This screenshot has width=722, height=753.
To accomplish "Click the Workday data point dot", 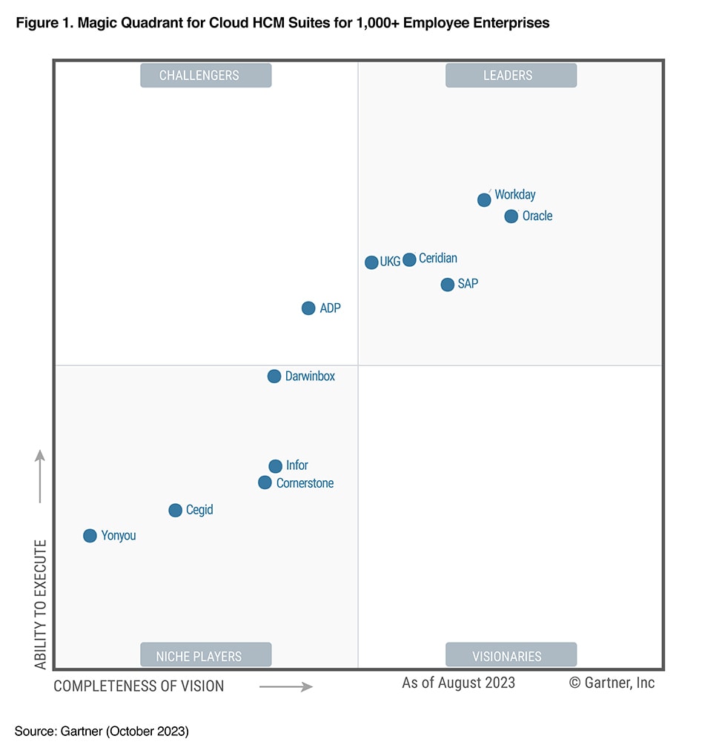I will (484, 199).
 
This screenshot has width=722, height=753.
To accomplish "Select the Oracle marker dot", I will (511, 216).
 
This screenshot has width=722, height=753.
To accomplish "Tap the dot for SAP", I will (447, 285).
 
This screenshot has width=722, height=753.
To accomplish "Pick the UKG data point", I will (371, 262).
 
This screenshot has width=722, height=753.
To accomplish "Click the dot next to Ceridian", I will (409, 259).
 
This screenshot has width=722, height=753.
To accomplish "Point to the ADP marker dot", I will (308, 308).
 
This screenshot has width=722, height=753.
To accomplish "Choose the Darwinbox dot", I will (274, 376).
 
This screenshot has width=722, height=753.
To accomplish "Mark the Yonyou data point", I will (90, 536).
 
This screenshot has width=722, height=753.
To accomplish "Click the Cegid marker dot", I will (175, 510).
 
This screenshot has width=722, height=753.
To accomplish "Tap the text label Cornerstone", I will (305, 483).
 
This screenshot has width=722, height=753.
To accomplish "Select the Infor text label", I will (297, 465).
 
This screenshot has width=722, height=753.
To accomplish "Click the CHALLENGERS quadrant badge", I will (206, 76).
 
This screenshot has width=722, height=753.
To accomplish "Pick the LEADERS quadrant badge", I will (511, 76).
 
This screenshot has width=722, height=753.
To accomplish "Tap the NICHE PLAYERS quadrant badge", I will (206, 656).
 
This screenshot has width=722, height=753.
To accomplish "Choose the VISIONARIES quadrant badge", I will (511, 656).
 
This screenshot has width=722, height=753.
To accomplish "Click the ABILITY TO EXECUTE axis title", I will (40, 604).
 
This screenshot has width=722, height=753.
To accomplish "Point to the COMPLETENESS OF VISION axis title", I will (139, 686).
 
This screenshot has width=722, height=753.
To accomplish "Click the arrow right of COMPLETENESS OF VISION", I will (286, 687).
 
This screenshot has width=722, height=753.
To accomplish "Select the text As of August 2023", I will (458, 683).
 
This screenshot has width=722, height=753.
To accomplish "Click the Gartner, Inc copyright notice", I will (612, 683).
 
